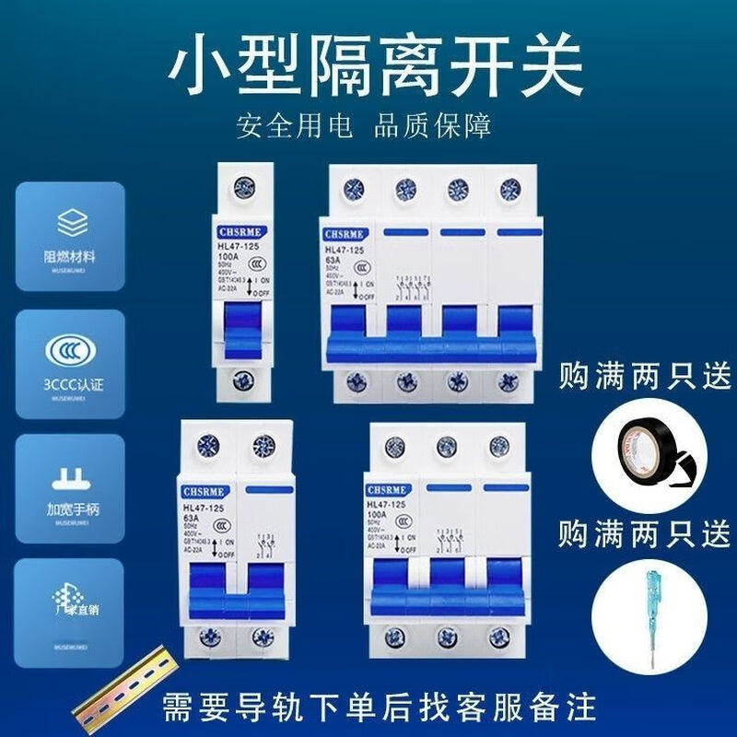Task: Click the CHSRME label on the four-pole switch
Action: [345, 234]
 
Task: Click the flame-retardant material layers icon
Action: [69, 222]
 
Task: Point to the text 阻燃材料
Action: [69, 257]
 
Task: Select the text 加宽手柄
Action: [69, 509]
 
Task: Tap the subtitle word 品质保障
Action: [432, 125]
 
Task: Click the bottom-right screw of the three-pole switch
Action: [500, 637]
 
